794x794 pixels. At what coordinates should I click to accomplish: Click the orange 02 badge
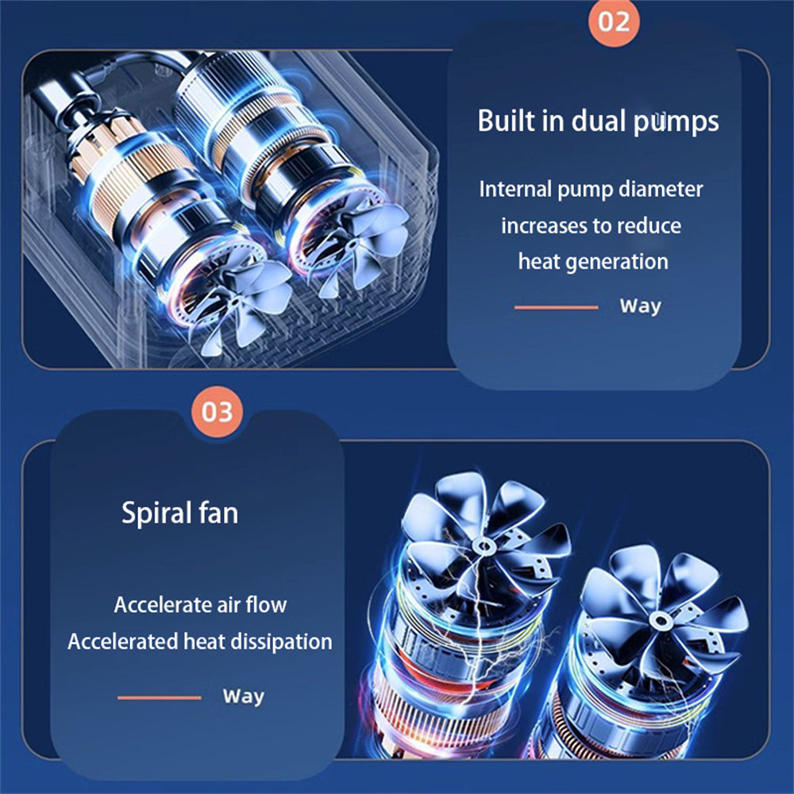pyautogui.click(x=614, y=21)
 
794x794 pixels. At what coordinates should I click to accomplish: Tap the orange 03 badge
pyautogui.click(x=218, y=411)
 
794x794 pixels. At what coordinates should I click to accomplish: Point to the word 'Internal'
pyautogui.click(x=515, y=189)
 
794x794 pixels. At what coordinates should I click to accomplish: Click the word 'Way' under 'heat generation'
pyautogui.click(x=641, y=306)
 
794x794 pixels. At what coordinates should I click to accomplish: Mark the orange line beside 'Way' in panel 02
pyautogui.click(x=556, y=307)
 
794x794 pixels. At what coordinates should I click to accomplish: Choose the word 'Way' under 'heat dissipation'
pyautogui.click(x=244, y=696)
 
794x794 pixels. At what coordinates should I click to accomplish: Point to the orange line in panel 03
pyautogui.click(x=159, y=698)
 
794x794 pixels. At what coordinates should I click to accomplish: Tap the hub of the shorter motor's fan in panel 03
pyautogui.click(x=658, y=619)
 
